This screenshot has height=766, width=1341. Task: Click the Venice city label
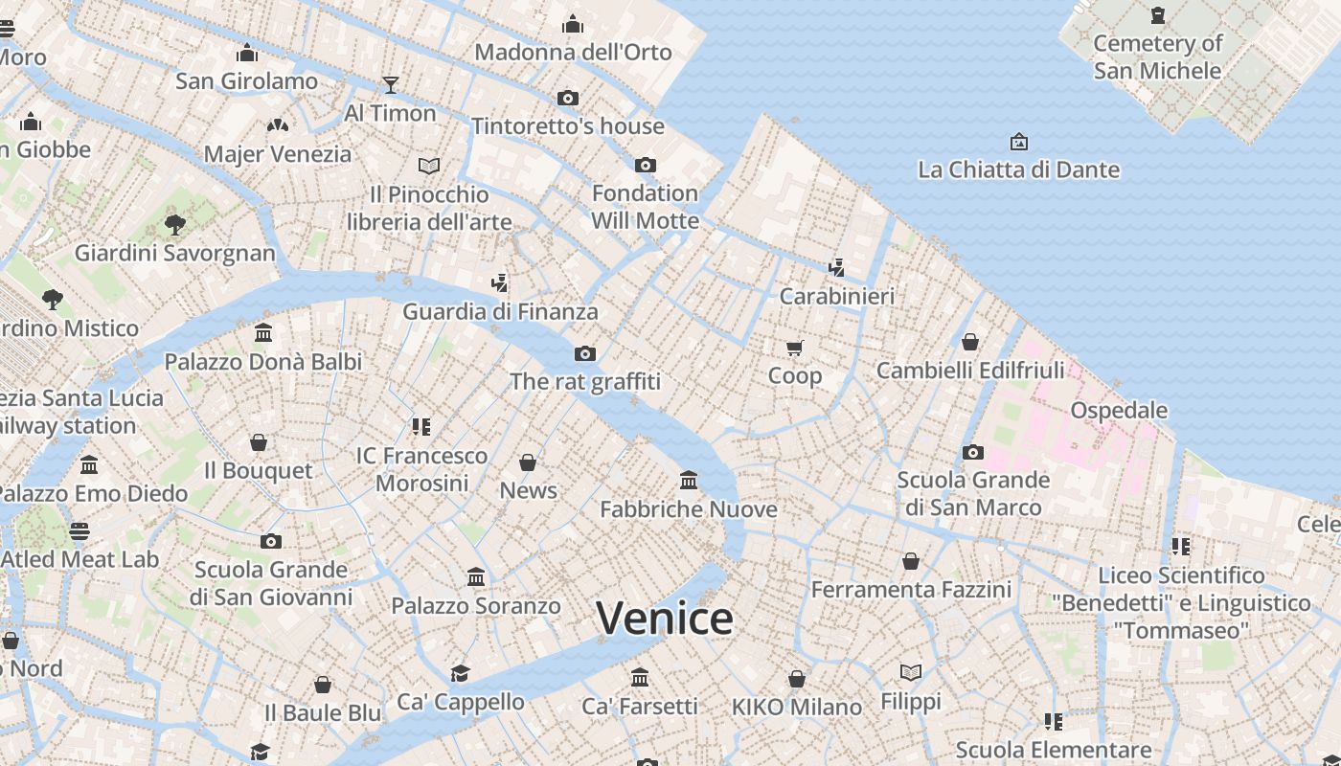(665, 619)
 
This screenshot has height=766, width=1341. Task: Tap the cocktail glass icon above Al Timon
(390, 85)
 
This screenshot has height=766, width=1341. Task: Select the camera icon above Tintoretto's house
(568, 98)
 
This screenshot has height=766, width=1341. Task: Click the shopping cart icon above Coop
(795, 348)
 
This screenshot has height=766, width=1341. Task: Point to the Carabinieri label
(836, 296)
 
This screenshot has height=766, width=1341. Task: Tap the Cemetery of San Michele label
(1157, 56)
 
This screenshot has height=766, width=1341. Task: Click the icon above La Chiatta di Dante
(1019, 142)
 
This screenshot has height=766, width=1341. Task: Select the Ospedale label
(1118, 410)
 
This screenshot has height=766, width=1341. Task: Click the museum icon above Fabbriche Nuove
(688, 480)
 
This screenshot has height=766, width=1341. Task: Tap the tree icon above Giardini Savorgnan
(174, 225)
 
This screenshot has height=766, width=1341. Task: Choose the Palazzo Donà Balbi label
(263, 362)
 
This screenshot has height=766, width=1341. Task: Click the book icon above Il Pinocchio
(429, 166)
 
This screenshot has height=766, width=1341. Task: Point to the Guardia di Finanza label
(500, 311)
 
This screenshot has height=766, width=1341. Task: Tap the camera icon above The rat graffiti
(585, 353)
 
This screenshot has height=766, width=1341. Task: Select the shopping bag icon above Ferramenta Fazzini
(911, 561)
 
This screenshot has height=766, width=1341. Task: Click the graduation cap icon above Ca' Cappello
(461, 673)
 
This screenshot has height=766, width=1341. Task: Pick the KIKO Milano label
(797, 708)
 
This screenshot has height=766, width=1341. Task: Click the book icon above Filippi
(911, 673)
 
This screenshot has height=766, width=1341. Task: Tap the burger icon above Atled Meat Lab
(80, 530)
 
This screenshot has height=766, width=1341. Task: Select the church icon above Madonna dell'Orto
(573, 24)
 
